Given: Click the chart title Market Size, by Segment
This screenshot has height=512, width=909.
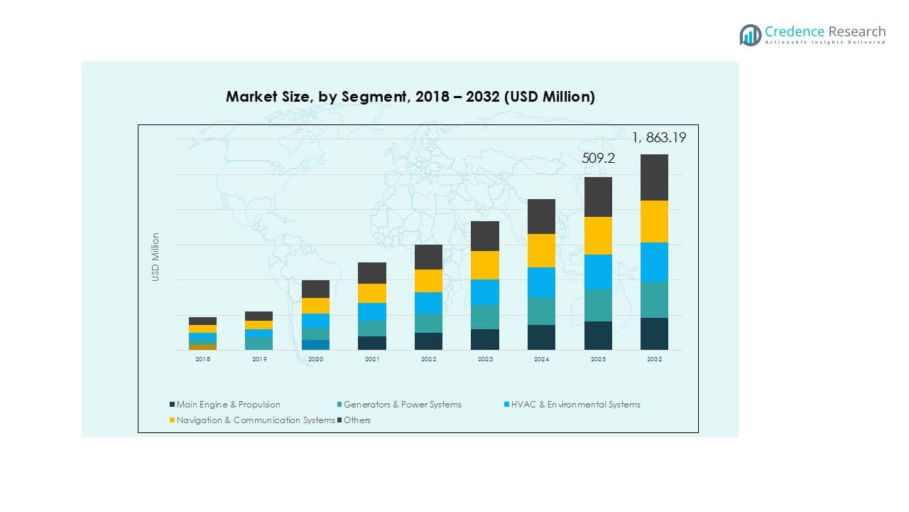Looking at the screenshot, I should [x=410, y=97].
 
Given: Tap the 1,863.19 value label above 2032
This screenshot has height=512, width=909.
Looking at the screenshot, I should [x=659, y=137].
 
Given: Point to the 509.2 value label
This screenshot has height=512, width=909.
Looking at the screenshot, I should [x=598, y=159].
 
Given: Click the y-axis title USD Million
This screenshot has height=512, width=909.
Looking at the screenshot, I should [x=156, y=257].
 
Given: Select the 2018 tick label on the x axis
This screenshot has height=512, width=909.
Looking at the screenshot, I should [x=202, y=360].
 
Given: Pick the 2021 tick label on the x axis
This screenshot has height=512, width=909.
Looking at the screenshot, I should [x=372, y=360].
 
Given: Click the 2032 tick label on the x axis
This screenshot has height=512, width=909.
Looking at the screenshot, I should [x=654, y=360].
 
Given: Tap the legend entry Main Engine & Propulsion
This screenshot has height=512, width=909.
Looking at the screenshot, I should [x=225, y=405].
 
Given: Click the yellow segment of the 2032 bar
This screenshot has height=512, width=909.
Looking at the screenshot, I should [x=654, y=221].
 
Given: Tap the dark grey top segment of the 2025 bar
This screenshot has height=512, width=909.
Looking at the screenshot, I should [x=598, y=197].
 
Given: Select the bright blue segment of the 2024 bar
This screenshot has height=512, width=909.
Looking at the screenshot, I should [x=541, y=282].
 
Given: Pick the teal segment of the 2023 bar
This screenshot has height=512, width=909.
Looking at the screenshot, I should [x=485, y=317].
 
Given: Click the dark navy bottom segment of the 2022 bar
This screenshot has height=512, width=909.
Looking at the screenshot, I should [x=428, y=341].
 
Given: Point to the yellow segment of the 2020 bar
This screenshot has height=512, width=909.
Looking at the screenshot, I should [x=315, y=306].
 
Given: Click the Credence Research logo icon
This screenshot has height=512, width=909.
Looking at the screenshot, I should [x=750, y=35].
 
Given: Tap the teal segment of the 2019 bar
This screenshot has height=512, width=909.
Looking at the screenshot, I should [x=259, y=343].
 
